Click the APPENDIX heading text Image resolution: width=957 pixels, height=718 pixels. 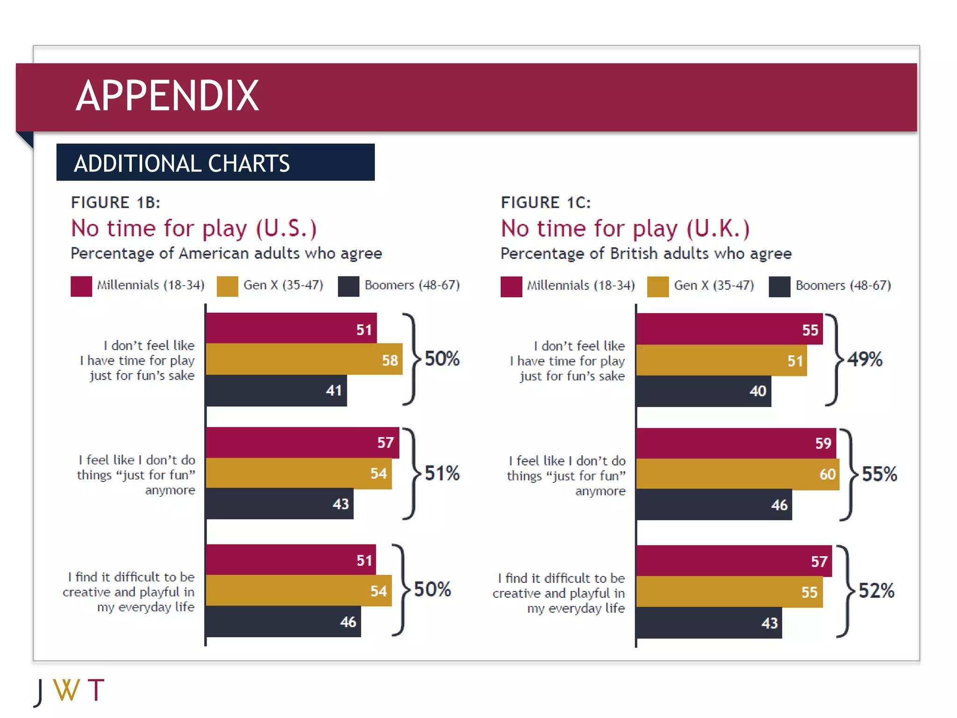click(x=167, y=96)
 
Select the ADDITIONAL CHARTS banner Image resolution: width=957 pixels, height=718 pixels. click(x=215, y=163)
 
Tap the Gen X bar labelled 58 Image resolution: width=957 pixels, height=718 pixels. click(x=304, y=359)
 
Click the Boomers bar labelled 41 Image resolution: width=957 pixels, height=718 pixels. click(x=276, y=390)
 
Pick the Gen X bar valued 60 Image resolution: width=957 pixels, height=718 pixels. click(x=737, y=474)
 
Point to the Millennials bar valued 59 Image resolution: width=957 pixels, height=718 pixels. click(x=736, y=443)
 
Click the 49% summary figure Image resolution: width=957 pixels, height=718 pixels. click(x=864, y=359)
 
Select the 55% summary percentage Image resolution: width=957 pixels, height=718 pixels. click(x=879, y=474)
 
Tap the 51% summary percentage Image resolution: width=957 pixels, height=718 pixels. click(x=442, y=473)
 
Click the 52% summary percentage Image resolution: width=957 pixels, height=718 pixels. click(x=876, y=591)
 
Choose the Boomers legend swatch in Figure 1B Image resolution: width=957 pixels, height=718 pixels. click(x=348, y=286)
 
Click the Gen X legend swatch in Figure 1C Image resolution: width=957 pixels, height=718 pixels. click(x=657, y=287)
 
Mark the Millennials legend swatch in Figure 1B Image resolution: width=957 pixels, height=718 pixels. click(x=81, y=286)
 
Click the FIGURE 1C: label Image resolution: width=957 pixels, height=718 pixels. click(x=545, y=202)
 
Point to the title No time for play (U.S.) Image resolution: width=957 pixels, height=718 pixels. click(x=193, y=229)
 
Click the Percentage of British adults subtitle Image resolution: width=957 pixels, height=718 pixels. click(x=646, y=253)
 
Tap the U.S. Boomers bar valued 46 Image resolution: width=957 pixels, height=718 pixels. click(x=283, y=622)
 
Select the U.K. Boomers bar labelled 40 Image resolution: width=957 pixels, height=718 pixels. click(x=703, y=391)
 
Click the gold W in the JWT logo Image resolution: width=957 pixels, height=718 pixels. click(x=66, y=690)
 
